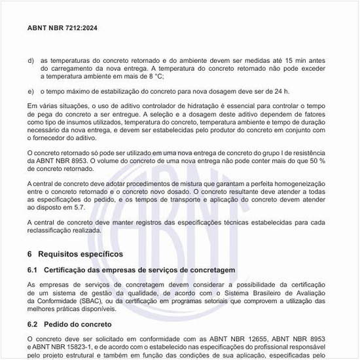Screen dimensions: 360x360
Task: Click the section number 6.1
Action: click(x=34, y=270)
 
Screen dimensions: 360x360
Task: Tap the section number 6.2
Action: click(x=34, y=324)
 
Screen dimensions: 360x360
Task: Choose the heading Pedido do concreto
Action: click(x=79, y=324)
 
